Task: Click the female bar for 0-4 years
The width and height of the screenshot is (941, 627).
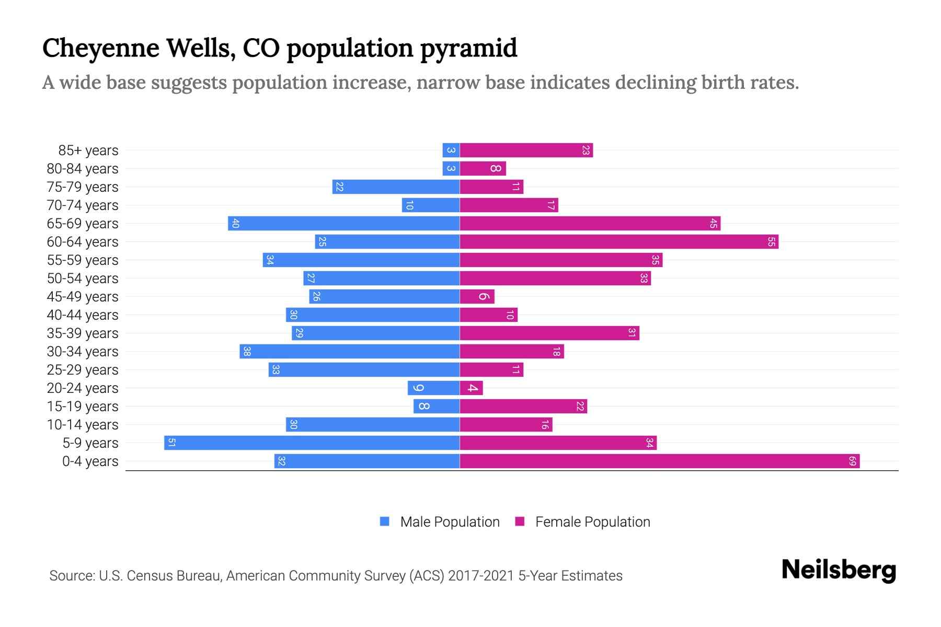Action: pyautogui.click(x=660, y=461)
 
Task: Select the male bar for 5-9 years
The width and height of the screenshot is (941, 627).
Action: pyautogui.click(x=312, y=443)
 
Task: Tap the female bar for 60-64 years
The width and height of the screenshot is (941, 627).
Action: pyautogui.click(x=619, y=242)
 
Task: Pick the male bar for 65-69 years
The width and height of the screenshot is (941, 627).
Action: pyautogui.click(x=344, y=224)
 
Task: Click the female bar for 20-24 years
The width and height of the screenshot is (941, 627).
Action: pyautogui.click(x=472, y=388)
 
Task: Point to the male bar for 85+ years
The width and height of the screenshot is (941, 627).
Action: pyautogui.click(x=451, y=150)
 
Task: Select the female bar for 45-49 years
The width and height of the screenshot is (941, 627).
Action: pyautogui.click(x=477, y=297)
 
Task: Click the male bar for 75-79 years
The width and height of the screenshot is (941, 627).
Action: pyautogui.click(x=396, y=187)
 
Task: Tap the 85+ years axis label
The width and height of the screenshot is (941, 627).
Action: pyautogui.click(x=88, y=150)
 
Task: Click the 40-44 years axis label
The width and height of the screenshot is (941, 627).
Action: pyautogui.click(x=83, y=315)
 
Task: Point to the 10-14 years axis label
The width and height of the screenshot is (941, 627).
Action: pyautogui.click(x=83, y=425)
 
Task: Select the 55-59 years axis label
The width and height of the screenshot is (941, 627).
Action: pyautogui.click(x=83, y=260)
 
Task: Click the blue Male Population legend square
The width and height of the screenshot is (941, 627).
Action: pyautogui.click(x=385, y=521)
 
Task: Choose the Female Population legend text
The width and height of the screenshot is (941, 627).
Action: pyautogui.click(x=592, y=522)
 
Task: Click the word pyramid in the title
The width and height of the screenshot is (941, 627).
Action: pyautogui.click(x=468, y=49)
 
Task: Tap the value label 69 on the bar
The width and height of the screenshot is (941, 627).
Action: pyautogui.click(x=852, y=461)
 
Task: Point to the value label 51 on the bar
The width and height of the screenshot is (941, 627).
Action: pyautogui.click(x=171, y=443)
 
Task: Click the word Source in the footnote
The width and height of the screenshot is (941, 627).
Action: pyautogui.click(x=72, y=576)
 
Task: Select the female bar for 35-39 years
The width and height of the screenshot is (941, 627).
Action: pyautogui.click(x=549, y=333)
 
